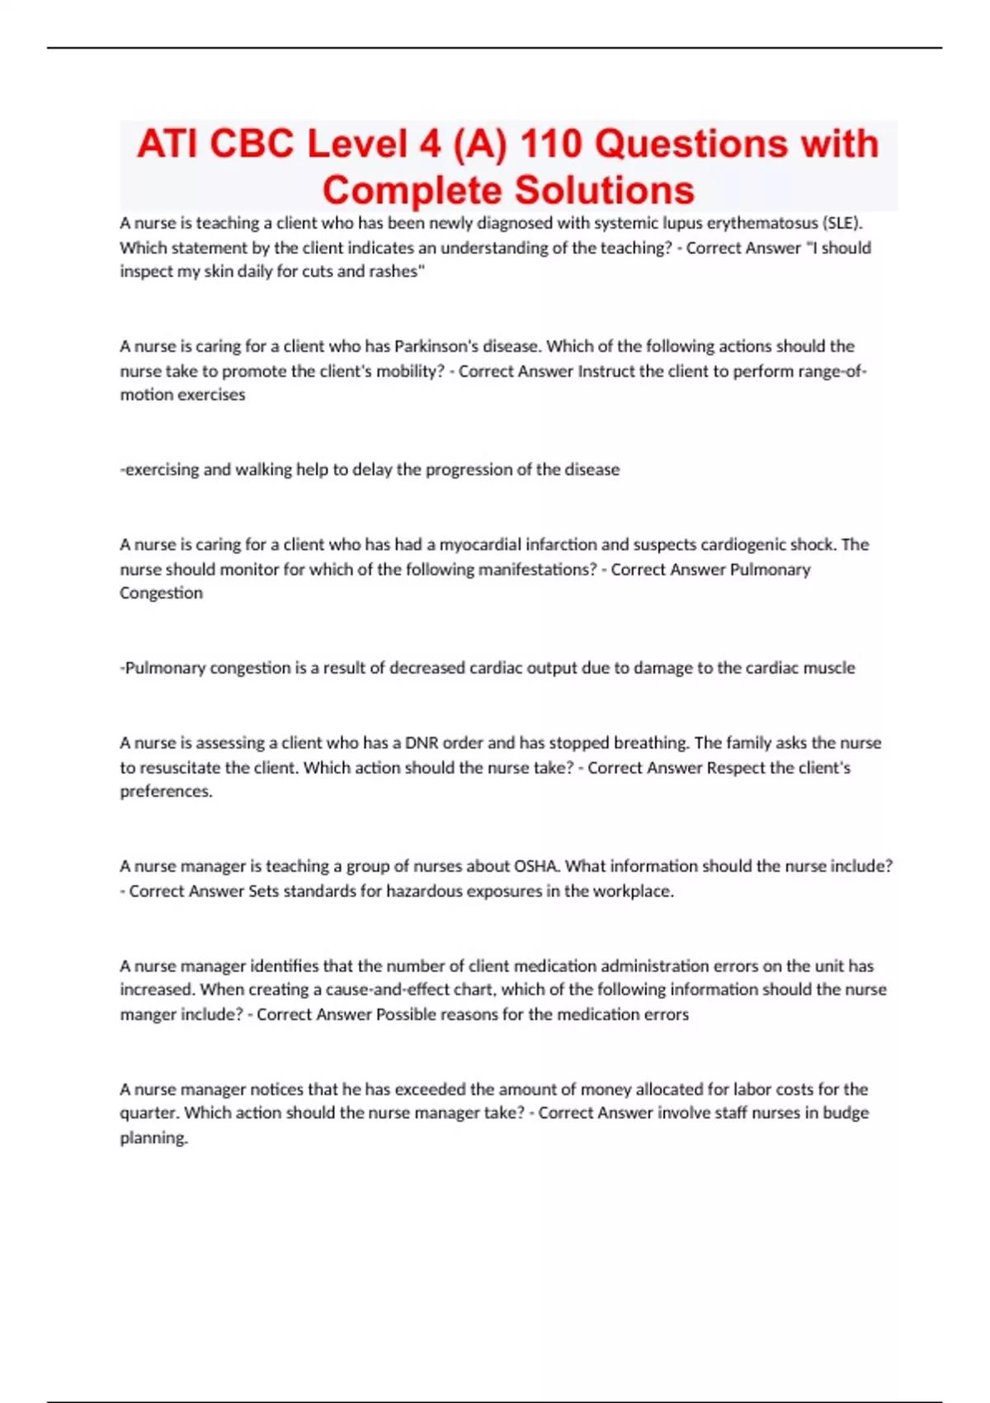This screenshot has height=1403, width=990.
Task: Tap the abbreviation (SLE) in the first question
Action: tap(841, 223)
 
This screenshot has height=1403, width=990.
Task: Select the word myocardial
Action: tap(478, 545)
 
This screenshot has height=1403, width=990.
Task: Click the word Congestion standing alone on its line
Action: tap(161, 593)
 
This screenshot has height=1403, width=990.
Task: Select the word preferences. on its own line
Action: tap(166, 791)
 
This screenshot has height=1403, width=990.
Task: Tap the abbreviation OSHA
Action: tap(537, 867)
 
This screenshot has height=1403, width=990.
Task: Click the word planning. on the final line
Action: tap(154, 1138)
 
